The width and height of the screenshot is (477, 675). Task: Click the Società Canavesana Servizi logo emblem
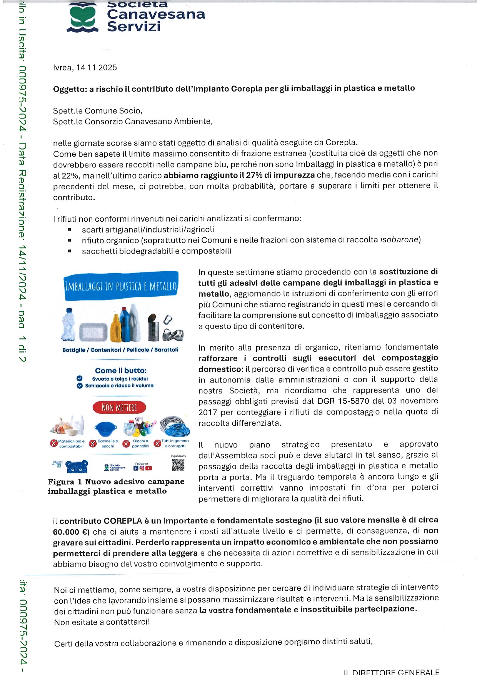(x=82, y=18)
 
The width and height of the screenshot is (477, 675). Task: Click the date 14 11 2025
(x=97, y=68)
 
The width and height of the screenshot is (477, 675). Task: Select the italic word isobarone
(x=399, y=240)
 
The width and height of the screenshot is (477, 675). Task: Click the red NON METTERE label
(x=119, y=408)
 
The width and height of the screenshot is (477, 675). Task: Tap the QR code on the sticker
(x=178, y=464)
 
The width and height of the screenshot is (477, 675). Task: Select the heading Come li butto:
(x=121, y=371)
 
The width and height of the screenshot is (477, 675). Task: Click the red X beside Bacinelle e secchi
(x=93, y=444)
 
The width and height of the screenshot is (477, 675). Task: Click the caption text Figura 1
(x=61, y=482)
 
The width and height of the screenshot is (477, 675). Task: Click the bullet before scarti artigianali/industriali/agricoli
(x=70, y=230)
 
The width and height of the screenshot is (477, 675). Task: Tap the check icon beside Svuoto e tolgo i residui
(x=80, y=379)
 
